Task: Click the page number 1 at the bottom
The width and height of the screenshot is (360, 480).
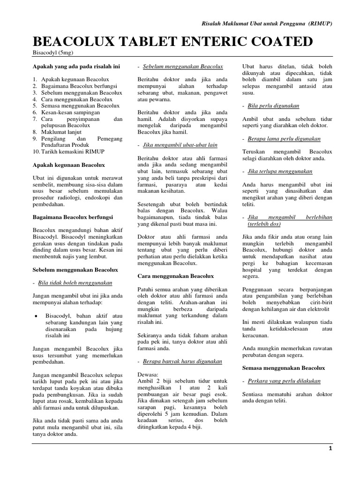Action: (330, 448)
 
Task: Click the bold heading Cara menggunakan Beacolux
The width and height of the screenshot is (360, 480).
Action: (175, 276)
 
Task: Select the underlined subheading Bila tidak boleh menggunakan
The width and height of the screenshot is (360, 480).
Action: (75, 283)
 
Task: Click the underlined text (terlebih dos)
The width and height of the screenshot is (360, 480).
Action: (264, 225)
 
